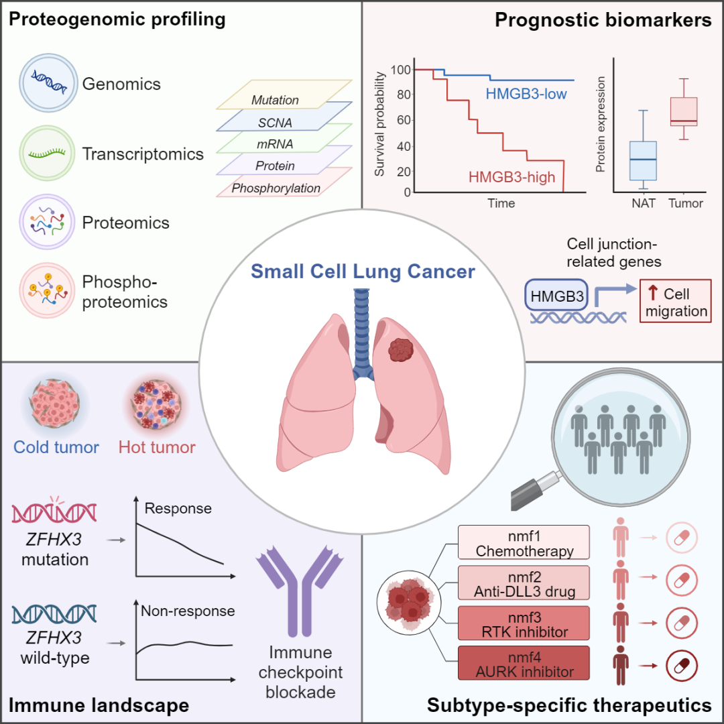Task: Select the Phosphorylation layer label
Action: tap(276, 188)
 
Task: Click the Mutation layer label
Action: tap(275, 100)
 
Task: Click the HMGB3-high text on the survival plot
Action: tap(511, 177)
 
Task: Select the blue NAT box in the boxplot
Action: tap(643, 160)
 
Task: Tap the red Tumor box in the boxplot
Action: tap(684, 111)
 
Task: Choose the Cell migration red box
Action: tap(675, 303)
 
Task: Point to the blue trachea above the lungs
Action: tap(363, 328)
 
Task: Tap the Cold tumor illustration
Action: tap(56, 404)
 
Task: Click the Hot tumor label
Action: tap(157, 447)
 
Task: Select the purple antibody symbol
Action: tap(296, 590)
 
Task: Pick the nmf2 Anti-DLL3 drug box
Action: tap(524, 583)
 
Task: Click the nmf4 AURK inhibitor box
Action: tap(524, 664)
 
